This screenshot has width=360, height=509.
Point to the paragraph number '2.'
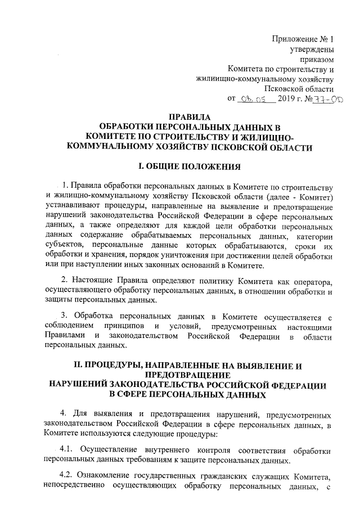point(65,280)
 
